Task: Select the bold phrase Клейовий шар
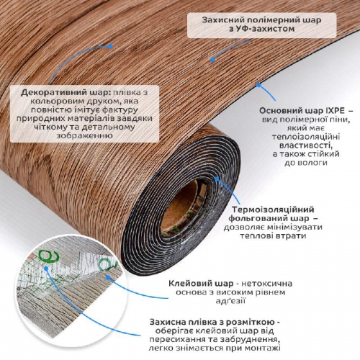pyautogui.click(x=201, y=284)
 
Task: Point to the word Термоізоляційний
pyautogui.click(x=273, y=210)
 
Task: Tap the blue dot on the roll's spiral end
pyautogui.click(x=217, y=179)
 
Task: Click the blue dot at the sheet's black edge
pyautogui.click(x=258, y=85)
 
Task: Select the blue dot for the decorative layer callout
pyautogui.click(x=110, y=46)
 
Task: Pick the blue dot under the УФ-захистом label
pyautogui.click(x=212, y=60)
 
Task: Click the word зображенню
pyautogui.click(x=84, y=135)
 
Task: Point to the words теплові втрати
pyautogui.click(x=273, y=235)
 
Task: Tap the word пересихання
pyautogui.click(x=178, y=340)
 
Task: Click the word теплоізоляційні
pyautogui.click(x=306, y=137)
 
